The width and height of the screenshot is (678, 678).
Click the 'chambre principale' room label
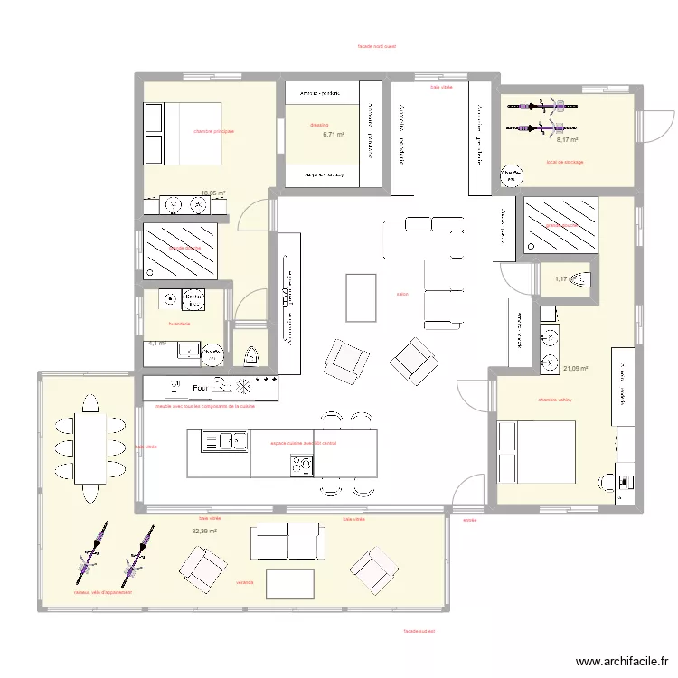(x=213, y=131)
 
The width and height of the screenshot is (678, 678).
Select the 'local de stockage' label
(x=565, y=163)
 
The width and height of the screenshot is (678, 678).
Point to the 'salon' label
(x=401, y=294)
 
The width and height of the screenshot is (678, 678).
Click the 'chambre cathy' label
(x=555, y=400)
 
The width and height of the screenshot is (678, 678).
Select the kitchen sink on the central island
(x=225, y=441)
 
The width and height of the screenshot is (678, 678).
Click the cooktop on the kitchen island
(x=301, y=465)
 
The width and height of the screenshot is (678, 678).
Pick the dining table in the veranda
(x=89, y=447)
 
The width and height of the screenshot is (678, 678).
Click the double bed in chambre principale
(x=182, y=134)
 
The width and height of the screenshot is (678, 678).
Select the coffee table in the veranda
(x=290, y=582)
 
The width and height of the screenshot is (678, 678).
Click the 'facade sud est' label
(x=419, y=631)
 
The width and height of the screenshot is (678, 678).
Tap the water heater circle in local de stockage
(x=511, y=175)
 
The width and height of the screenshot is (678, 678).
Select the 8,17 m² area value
(x=567, y=140)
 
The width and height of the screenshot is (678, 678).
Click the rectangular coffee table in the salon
(x=361, y=297)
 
